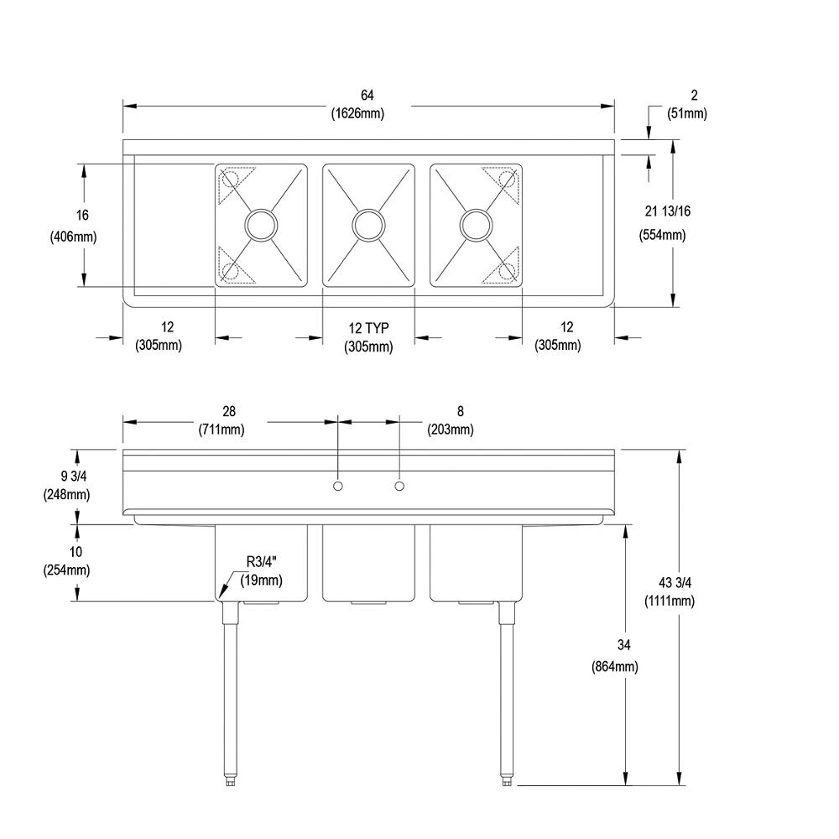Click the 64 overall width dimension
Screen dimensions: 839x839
coord(367,96)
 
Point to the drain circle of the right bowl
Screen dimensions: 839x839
coord(475,224)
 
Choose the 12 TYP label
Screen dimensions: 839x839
coord(369,327)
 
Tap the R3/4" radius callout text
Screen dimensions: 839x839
coord(262,562)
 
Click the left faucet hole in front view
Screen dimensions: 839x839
coord(338,487)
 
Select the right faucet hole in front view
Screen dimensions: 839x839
coord(399,487)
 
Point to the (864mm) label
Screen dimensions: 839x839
coord(615,667)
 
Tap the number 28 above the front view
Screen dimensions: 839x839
coord(229,411)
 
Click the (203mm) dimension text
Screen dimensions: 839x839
coord(451,430)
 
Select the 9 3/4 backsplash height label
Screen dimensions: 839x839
coord(66,477)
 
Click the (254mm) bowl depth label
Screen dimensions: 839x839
coord(66,571)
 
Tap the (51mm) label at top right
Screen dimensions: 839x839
coord(686,114)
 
